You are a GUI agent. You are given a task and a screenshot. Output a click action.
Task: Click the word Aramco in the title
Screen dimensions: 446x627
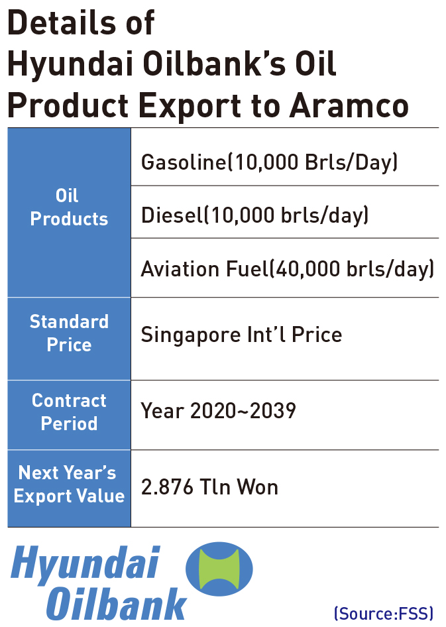point(349,105)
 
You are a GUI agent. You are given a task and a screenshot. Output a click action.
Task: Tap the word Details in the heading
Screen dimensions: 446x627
point(62,23)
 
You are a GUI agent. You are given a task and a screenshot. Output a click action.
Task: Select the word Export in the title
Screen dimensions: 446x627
point(190,107)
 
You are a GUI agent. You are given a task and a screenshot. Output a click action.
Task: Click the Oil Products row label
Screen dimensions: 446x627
point(69,207)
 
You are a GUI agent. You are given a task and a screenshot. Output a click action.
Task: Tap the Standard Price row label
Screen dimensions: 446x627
point(69,333)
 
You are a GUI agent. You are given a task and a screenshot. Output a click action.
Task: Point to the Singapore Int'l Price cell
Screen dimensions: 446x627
point(241,335)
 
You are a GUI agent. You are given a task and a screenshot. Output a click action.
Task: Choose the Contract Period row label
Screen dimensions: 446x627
point(69,412)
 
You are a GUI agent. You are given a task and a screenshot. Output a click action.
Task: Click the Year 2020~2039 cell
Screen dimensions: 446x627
point(218,411)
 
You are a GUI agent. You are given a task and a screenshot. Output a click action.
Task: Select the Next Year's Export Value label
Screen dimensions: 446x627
point(69,484)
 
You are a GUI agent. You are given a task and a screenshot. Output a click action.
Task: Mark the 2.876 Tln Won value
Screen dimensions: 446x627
point(209,487)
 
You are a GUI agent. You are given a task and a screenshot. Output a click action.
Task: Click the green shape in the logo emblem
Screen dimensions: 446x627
point(219,569)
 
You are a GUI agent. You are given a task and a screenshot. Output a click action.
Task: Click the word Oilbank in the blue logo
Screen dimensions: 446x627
point(117,604)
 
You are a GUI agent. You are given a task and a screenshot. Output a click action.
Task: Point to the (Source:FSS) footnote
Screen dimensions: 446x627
point(384,613)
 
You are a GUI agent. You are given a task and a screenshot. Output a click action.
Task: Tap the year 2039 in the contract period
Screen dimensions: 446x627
point(272,411)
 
